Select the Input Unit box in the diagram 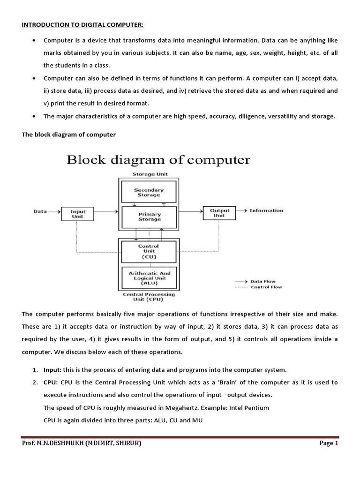(x=78, y=214)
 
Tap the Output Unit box (x=219, y=213)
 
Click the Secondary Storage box (x=149, y=192)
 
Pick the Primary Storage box (x=149, y=217)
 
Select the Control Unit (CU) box (x=149, y=251)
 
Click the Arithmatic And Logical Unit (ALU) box (x=149, y=278)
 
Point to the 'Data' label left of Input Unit (x=40, y=211)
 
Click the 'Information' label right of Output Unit (x=266, y=211)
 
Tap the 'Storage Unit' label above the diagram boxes (x=149, y=174)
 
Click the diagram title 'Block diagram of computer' (x=158, y=160)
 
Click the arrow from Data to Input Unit (x=54, y=212)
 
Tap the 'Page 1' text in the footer (x=329, y=443)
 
